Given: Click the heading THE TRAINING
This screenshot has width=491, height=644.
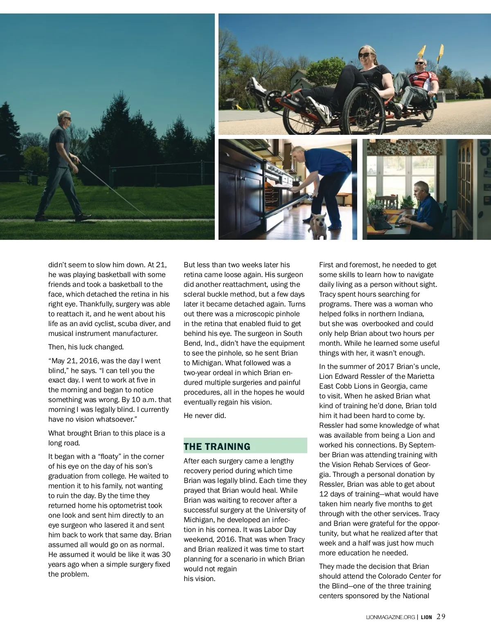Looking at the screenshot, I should point(217,446).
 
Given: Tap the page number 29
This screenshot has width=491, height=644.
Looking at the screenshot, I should point(441,617).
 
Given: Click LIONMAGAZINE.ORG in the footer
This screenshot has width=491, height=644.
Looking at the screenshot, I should point(390,617).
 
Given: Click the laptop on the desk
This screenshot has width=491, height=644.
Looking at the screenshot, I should point(379,220).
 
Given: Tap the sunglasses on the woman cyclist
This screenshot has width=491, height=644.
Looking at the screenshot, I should point(365,55).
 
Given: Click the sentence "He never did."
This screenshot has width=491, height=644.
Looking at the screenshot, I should point(205,416).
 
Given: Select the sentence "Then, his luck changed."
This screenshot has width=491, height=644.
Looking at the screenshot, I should point(86,347).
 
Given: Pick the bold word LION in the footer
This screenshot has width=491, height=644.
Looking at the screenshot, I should point(426,617).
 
